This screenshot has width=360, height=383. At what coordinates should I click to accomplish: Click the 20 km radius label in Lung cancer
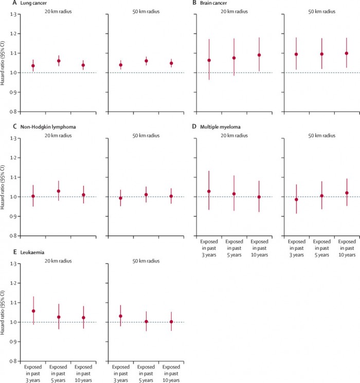(x=58, y=11)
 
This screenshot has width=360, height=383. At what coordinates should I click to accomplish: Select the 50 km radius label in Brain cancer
(x=321, y=11)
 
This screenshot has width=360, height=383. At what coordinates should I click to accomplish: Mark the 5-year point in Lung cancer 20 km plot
(x=59, y=61)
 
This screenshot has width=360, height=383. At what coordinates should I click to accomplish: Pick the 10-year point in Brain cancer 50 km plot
(x=346, y=53)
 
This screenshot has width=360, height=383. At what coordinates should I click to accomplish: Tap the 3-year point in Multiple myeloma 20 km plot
(x=209, y=191)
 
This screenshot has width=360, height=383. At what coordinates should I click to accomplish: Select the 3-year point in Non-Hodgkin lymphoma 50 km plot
(x=121, y=198)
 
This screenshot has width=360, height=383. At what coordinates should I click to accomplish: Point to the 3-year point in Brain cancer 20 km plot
(x=209, y=60)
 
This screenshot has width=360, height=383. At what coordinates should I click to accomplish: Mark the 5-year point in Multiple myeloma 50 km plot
(x=321, y=196)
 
